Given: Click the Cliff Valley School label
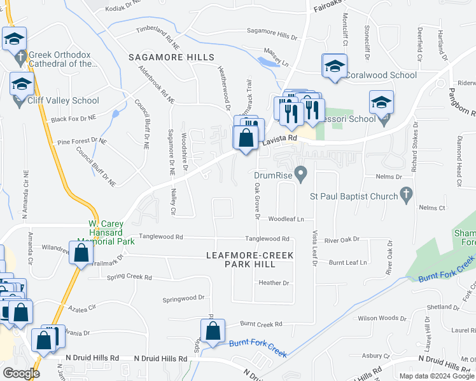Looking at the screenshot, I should (63, 100).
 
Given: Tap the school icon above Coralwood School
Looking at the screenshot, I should (335, 67).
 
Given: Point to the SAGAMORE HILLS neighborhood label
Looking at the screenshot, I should (171, 57).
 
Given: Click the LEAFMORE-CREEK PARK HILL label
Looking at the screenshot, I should (250, 260).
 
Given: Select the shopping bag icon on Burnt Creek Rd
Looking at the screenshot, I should (213, 330).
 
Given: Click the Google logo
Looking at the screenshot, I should (20, 373).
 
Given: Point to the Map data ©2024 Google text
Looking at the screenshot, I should (436, 376).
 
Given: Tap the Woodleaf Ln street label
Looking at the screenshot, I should (286, 219).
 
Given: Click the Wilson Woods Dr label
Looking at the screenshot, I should (382, 318).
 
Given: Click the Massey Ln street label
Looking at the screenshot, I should (276, 53).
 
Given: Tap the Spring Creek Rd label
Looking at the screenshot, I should (129, 277).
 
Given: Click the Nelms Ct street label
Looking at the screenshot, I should (431, 208).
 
